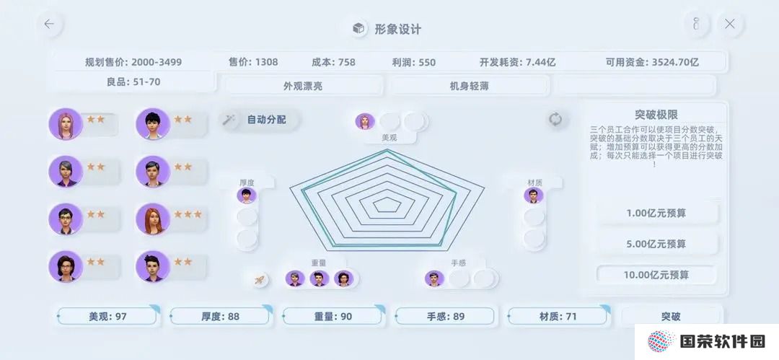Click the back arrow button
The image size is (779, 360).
[x=49, y=24]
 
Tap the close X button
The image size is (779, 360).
[x=729, y=24]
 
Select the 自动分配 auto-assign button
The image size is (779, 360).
[x=260, y=120]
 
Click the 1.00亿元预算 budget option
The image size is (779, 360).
[x=656, y=213]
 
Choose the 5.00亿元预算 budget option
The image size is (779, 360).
[x=656, y=244]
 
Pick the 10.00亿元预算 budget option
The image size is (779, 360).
[x=656, y=274]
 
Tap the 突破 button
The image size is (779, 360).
[x=671, y=316]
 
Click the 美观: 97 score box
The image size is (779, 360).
[x=107, y=316]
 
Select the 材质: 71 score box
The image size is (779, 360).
[x=558, y=316]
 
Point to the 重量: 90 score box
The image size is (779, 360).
[x=333, y=316]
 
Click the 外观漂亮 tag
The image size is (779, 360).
[x=302, y=86]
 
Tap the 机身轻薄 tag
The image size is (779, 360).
[x=469, y=86]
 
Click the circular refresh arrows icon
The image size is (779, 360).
[x=555, y=119]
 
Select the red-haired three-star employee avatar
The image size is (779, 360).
[x=152, y=219]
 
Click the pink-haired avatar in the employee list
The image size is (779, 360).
[x=65, y=124]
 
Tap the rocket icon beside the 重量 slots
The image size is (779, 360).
[x=260, y=280]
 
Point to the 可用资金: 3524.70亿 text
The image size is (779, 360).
[x=652, y=62]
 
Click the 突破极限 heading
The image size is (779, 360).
[x=656, y=115]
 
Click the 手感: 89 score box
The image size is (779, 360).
[x=445, y=316]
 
